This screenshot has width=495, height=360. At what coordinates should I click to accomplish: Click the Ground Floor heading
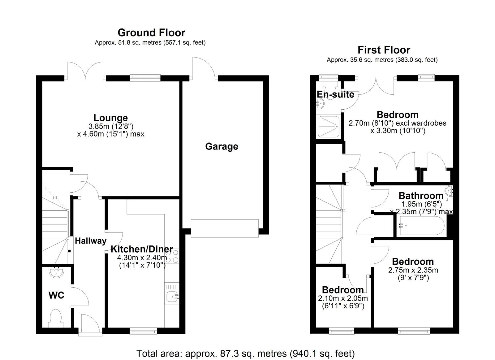151,33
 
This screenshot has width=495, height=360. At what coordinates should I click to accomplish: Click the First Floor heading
384,50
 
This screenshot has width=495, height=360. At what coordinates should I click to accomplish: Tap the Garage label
222,147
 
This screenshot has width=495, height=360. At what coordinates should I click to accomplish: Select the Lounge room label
111,118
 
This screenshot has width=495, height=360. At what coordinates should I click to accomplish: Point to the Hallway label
91,241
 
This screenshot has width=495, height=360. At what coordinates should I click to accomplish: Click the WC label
56,295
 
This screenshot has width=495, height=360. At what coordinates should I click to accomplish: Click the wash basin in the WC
57,272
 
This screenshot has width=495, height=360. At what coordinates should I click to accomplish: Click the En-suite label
335,94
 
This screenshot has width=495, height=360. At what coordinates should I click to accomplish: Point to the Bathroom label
421,196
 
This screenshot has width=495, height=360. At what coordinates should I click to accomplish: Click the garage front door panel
225,228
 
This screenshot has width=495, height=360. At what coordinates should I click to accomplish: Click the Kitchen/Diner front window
143,331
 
